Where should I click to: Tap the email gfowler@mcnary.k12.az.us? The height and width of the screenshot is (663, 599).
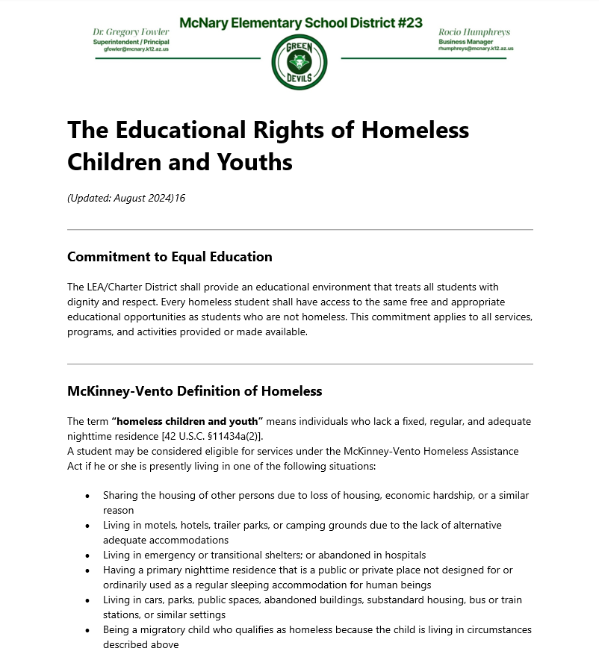tap(131, 49)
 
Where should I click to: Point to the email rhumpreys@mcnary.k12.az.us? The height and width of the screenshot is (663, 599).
tap(476, 49)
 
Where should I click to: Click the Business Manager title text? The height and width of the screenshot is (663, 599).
tap(465, 42)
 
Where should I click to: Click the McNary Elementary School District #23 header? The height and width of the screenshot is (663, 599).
tap(301, 22)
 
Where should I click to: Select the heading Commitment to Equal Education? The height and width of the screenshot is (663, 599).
tap(170, 257)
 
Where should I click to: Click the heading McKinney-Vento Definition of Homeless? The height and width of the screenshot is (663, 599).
tap(194, 390)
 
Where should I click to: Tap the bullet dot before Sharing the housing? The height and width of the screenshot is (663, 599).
tap(87, 496)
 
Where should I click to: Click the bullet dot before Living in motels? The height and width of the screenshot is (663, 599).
tap(87, 526)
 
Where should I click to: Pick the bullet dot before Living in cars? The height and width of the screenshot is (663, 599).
tap(87, 600)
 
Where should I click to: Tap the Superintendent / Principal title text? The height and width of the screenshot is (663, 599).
tap(131, 42)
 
